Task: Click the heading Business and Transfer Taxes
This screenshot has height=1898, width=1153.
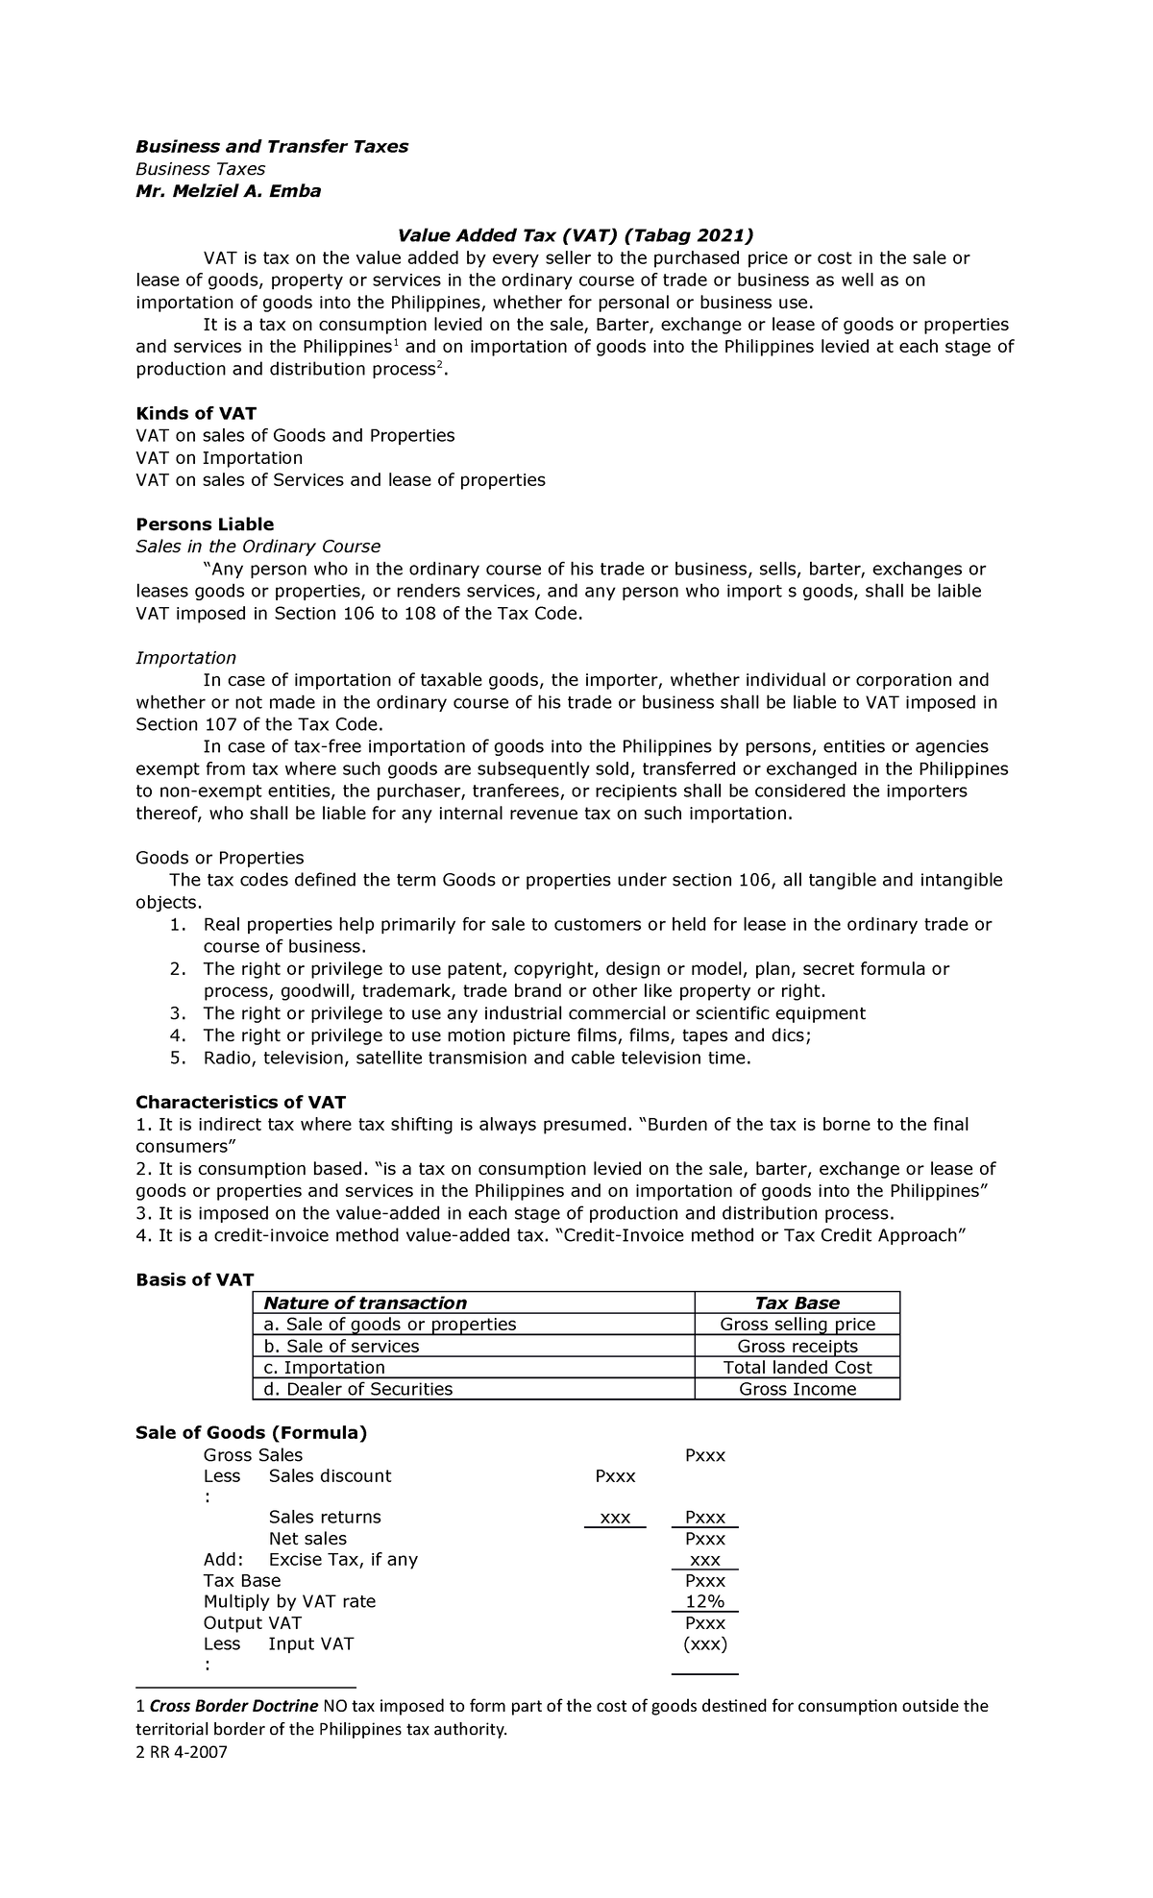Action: [x=271, y=146]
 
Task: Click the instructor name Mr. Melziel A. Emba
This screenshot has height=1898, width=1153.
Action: [x=228, y=190]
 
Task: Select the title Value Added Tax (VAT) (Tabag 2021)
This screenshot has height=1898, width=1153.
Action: [x=576, y=235]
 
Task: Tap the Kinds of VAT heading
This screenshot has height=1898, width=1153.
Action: [x=196, y=413]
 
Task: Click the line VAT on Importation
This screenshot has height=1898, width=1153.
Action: [x=219, y=457]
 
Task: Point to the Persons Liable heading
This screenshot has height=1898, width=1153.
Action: [x=205, y=524]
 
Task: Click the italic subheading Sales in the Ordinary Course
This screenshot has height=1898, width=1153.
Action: [x=258, y=547]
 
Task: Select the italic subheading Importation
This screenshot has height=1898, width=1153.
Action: [x=185, y=658]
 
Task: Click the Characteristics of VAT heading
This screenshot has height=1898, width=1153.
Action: [x=240, y=1102]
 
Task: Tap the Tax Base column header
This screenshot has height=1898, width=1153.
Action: [x=797, y=1302]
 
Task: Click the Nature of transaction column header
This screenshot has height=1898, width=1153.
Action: [x=365, y=1302]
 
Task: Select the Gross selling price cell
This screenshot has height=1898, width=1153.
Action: [x=797, y=1325]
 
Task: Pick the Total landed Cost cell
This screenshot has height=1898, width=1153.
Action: [x=797, y=1368]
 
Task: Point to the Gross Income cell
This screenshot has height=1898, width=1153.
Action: [x=797, y=1389]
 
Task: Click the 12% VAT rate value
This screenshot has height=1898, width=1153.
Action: [x=704, y=1601]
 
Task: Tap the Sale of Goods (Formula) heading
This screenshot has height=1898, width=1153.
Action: [x=251, y=1433]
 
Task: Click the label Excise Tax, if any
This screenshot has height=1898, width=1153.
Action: [x=343, y=1559]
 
